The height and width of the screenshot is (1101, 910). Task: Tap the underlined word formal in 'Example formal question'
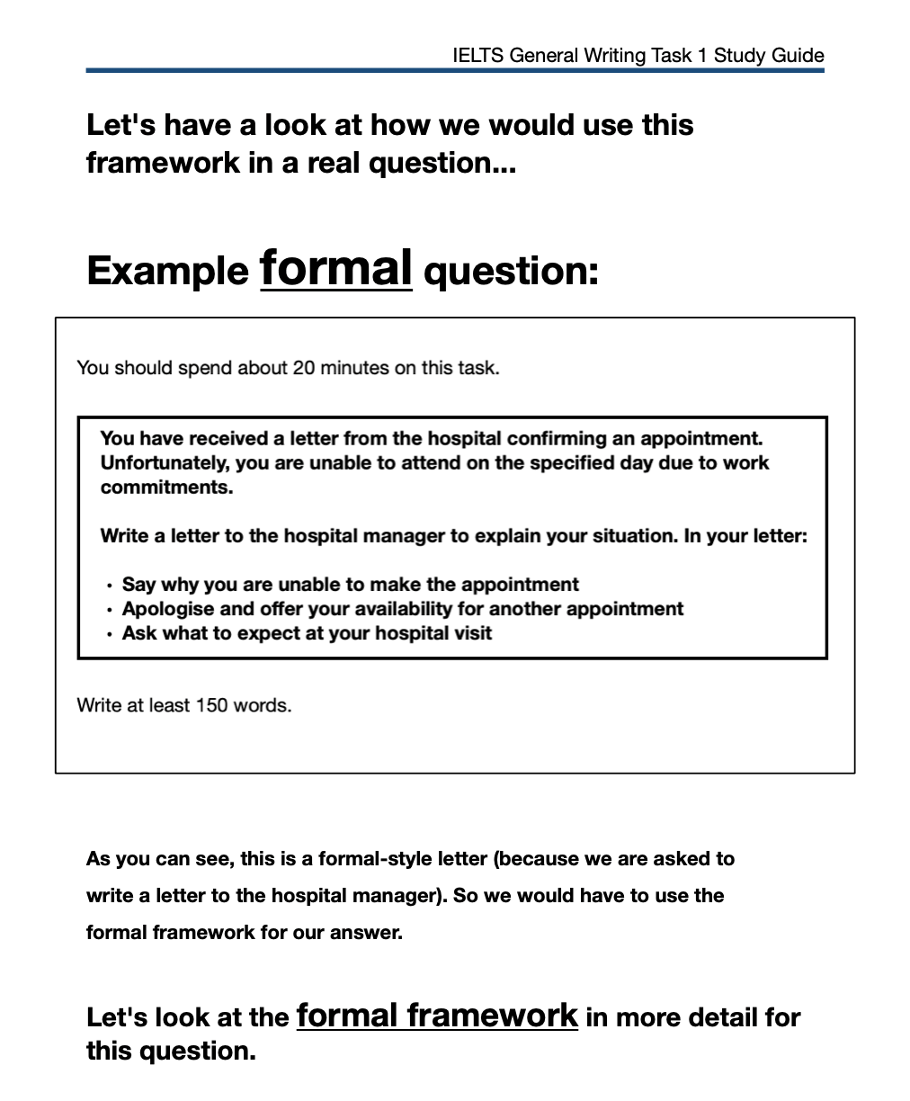[335, 268]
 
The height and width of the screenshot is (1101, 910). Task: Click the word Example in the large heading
[167, 271]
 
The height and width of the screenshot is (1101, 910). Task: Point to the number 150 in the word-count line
[211, 705]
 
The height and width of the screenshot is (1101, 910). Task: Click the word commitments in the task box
[166, 488]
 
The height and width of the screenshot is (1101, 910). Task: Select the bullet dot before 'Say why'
[109, 586]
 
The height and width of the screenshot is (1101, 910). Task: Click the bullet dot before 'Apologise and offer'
[109, 611]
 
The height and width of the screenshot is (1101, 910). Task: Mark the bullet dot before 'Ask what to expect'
[109, 635]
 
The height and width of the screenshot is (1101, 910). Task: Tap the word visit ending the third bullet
[473, 633]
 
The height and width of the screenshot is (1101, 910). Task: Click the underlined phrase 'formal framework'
[437, 1016]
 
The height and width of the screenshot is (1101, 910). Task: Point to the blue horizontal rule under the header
[455, 70]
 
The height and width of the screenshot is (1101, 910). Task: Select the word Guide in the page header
[799, 56]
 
